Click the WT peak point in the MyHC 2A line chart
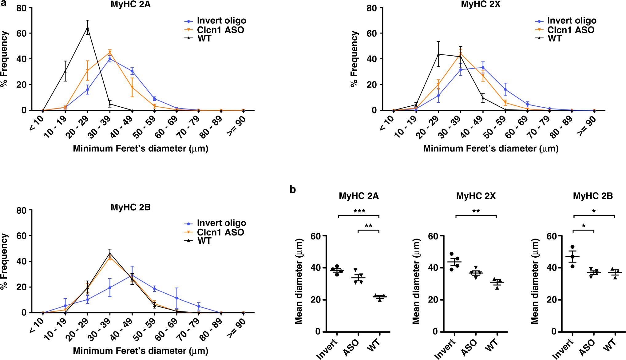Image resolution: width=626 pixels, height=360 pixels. pyautogui.click(x=88, y=28)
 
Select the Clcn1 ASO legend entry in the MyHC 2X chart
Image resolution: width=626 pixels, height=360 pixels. pyautogui.click(x=570, y=30)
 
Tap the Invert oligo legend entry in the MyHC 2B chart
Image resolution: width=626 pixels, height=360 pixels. pyautogui.click(x=221, y=223)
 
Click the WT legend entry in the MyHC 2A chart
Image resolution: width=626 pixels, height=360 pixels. pyautogui.click(x=204, y=38)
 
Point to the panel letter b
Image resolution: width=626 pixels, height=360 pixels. pyautogui.click(x=293, y=189)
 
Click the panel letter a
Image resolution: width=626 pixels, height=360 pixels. pyautogui.click(x=3, y=3)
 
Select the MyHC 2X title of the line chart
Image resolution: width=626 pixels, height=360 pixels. pyautogui.click(x=481, y=4)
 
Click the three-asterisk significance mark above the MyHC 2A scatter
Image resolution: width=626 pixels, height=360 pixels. pyautogui.click(x=359, y=211)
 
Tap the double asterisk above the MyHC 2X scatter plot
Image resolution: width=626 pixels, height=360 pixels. pyautogui.click(x=476, y=211)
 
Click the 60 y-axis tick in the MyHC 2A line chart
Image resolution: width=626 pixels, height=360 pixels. pyautogui.click(x=22, y=33)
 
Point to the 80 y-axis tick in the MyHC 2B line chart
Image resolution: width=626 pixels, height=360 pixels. pyautogui.click(x=22, y=211)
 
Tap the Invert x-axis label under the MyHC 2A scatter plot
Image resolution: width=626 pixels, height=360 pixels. pyautogui.click(x=327, y=349)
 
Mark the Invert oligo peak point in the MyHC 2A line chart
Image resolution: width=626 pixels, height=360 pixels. pyautogui.click(x=110, y=59)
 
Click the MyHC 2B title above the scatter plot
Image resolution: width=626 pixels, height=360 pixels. pyautogui.click(x=593, y=196)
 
